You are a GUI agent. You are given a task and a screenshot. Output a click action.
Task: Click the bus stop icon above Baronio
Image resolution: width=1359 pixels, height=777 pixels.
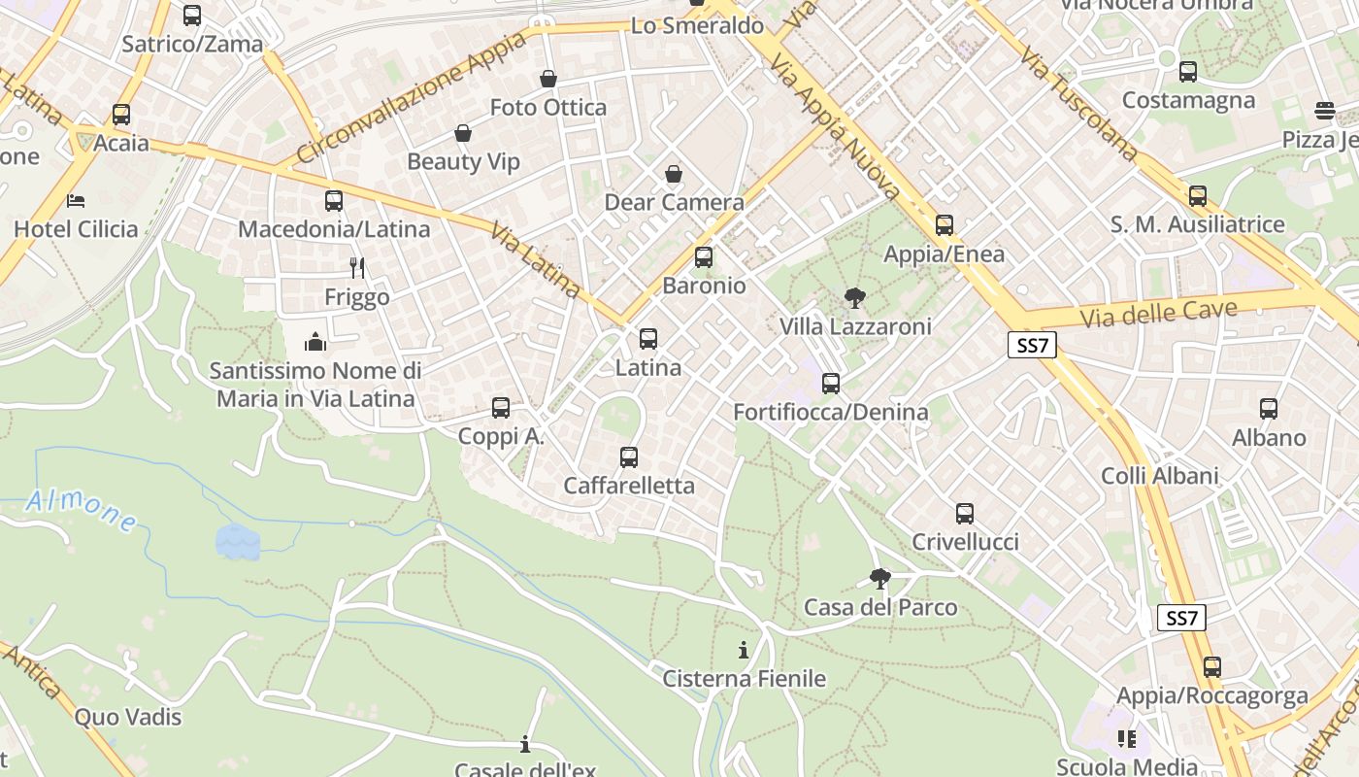point(704,257)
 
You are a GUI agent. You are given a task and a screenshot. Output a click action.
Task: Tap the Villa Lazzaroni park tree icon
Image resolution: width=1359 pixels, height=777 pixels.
point(854,298)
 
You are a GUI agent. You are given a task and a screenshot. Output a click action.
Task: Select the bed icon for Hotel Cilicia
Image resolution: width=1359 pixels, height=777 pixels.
point(76,201)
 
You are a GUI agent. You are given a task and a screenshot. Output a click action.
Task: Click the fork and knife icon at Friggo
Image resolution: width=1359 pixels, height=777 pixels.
point(357,267)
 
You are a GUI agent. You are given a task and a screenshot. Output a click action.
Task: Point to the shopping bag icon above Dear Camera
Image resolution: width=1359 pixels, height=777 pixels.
point(674,174)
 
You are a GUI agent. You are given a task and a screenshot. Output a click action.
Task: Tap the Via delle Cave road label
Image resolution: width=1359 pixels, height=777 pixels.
point(1158,315)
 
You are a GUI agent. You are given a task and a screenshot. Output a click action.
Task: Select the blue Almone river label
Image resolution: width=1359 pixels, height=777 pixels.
point(82,511)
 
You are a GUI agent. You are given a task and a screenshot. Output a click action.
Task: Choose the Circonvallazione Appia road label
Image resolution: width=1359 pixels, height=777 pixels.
point(411,97)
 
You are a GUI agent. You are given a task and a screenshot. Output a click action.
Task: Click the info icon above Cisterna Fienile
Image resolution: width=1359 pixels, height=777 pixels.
point(744,650)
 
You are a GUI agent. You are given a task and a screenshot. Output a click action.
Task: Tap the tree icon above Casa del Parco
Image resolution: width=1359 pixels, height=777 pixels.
point(880,579)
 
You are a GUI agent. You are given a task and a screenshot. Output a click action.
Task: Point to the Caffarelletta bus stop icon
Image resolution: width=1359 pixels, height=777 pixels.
point(629,456)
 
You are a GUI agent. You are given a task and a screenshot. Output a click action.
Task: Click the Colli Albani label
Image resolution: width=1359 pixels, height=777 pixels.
point(1159,476)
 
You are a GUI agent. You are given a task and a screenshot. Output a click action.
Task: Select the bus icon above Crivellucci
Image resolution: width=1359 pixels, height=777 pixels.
point(964,513)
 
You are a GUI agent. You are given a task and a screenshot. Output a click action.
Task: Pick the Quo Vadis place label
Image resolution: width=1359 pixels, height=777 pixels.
point(128,717)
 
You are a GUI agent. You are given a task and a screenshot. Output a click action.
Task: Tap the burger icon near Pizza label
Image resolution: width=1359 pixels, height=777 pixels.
point(1325,110)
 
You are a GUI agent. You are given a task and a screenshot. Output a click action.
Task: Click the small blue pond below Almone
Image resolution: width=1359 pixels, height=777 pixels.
point(238,542)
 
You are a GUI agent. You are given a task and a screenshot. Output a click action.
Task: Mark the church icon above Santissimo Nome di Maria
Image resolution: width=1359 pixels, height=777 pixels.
point(315,342)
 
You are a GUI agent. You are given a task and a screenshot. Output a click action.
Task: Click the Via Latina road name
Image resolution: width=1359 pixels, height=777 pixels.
point(535,259)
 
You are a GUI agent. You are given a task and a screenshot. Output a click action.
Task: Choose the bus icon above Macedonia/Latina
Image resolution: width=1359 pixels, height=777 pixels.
point(334,201)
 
